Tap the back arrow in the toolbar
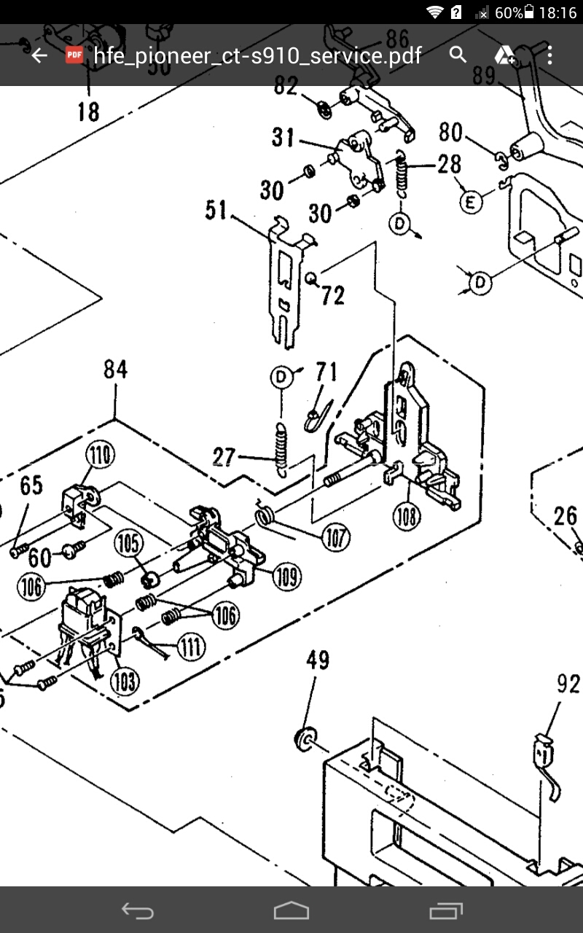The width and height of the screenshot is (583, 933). coord(39,55)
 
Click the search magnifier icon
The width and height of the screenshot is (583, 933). coord(458,55)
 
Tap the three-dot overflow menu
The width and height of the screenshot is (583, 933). coord(549,55)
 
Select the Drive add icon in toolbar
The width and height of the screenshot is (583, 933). coord(505,55)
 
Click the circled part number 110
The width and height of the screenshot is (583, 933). coord(100,456)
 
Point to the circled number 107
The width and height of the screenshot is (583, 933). coord(336,538)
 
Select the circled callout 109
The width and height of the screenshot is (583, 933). coord(286,577)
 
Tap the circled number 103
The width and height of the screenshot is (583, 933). coord(125,682)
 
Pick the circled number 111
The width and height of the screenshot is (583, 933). coord(191,647)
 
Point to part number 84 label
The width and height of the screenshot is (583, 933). coord(115,370)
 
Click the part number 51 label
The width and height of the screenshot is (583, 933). coord(216,211)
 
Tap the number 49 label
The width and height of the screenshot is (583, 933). coord(317,660)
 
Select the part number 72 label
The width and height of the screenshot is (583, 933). coord(334,294)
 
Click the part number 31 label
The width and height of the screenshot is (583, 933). coord(283,136)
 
